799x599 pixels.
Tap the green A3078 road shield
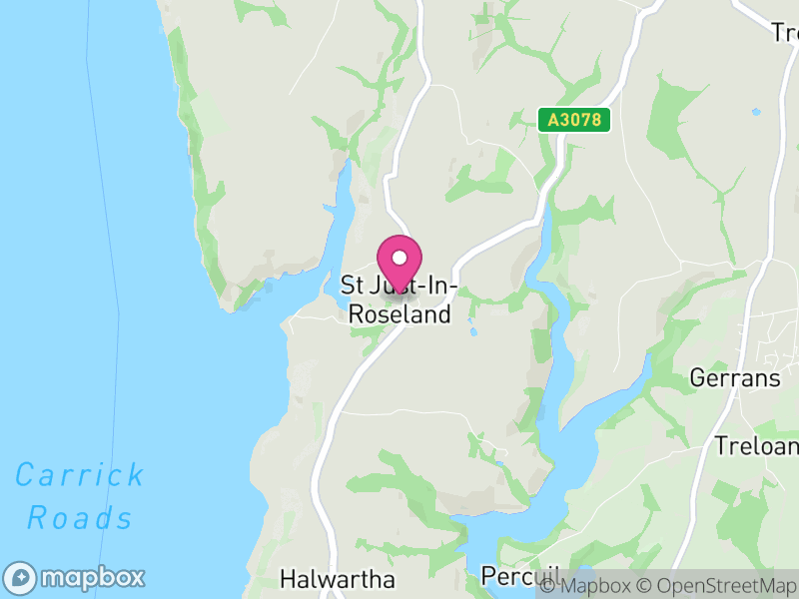click(574, 120)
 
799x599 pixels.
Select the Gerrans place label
click(735, 378)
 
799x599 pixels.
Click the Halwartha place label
click(338, 579)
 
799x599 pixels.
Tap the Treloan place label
click(756, 445)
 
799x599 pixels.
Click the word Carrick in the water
click(80, 474)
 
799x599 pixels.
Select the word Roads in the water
click(80, 518)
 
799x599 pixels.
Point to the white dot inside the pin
click(399, 258)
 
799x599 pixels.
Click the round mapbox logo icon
click(21, 577)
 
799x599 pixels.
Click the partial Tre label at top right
click(784, 33)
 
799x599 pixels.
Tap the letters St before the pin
click(352, 286)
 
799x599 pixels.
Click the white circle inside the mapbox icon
click(21, 577)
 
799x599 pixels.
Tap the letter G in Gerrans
click(698, 378)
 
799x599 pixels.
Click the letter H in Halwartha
click(288, 579)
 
